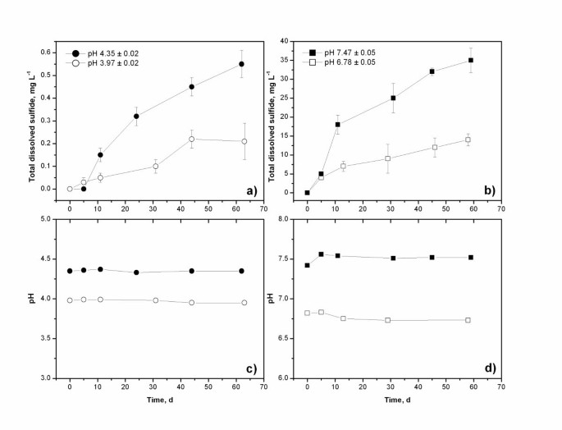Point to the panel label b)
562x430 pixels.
pyautogui.click(x=490, y=190)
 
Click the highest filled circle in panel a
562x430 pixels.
pyautogui.click(x=241, y=64)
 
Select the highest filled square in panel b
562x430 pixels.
pyautogui.click(x=470, y=60)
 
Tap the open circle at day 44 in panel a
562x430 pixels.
pyautogui.click(x=191, y=139)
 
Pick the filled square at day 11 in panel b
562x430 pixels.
pyautogui.click(x=337, y=125)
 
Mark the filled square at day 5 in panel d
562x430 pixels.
pyautogui.click(x=321, y=254)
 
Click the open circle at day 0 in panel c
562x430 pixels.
pyautogui.click(x=70, y=277)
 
